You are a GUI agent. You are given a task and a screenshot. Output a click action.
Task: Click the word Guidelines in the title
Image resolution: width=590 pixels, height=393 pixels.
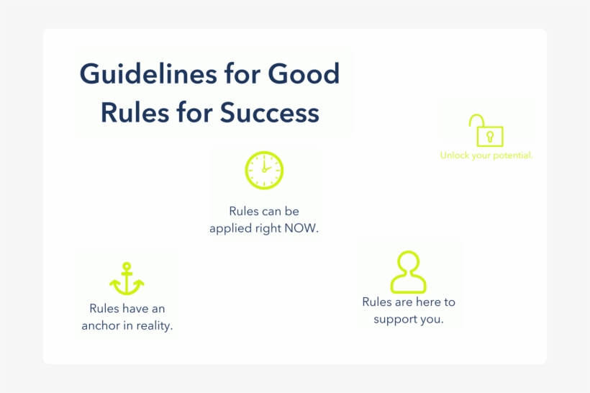point(134,75)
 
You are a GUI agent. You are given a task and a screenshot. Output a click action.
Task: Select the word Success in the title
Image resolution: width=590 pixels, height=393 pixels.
point(270,113)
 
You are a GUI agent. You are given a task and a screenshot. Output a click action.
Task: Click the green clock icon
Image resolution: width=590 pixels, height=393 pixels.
point(264,170)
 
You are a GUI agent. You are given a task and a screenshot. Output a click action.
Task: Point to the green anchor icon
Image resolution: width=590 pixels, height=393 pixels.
point(127,279)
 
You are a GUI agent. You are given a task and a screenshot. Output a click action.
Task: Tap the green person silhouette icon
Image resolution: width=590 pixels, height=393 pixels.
point(408,271)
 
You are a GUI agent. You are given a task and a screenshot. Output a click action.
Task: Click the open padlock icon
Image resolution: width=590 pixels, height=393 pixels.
point(486,130)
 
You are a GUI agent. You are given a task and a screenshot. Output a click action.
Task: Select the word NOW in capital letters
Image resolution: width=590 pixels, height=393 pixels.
point(301,228)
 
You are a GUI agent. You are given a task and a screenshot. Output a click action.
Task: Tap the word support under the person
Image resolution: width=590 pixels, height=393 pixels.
point(395,319)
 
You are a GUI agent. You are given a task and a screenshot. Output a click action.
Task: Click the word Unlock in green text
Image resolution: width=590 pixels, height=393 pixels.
point(454,155)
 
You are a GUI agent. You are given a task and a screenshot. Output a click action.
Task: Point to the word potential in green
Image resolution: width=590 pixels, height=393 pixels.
point(512,155)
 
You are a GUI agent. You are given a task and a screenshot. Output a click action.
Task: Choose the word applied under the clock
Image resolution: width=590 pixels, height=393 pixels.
point(230,228)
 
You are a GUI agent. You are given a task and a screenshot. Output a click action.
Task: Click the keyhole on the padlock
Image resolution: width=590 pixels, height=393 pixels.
point(490,136)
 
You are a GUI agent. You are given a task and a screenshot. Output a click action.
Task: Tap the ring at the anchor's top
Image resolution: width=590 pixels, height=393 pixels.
point(127,266)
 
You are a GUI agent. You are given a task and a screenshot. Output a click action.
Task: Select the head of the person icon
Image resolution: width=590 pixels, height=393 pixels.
point(408,261)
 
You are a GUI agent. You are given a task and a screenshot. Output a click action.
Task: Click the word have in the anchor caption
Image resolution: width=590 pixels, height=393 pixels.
point(135,308)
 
